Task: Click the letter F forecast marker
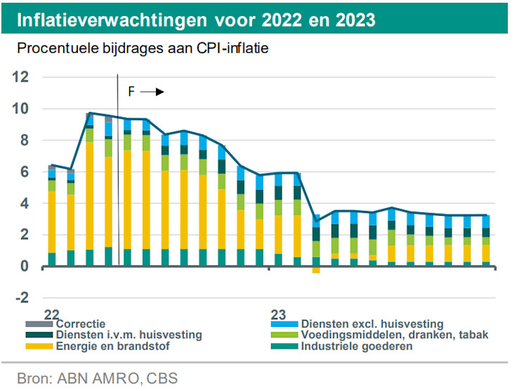tap(131, 92)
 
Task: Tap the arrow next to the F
tap(156, 92)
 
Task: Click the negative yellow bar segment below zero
tap(316, 269)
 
